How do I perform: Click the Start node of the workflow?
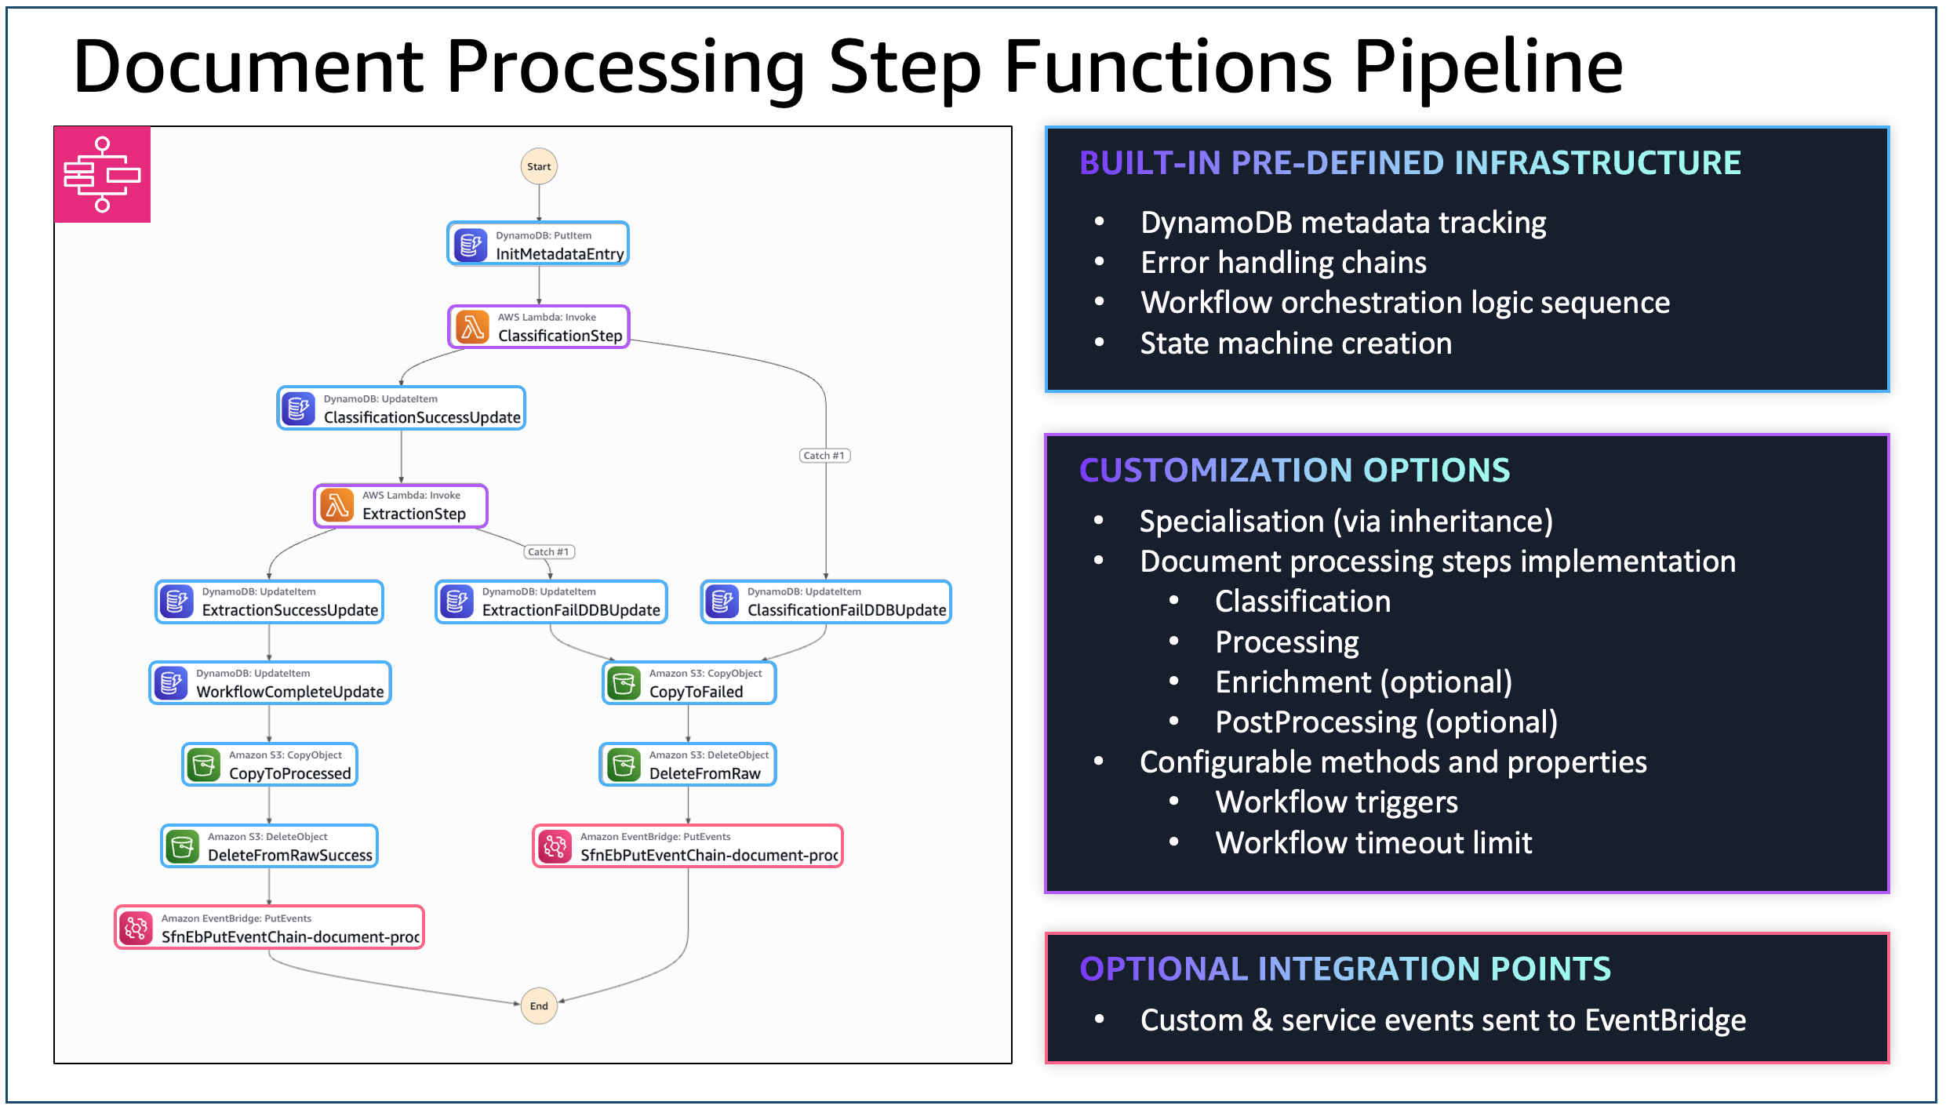click(x=539, y=166)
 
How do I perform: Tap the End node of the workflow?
click(x=539, y=1005)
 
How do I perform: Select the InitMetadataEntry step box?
click(x=538, y=244)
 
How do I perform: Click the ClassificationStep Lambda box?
click(x=539, y=326)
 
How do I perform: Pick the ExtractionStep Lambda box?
click(x=401, y=506)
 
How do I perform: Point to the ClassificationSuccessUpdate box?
click(x=401, y=408)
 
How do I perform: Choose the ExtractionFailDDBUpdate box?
click(x=551, y=602)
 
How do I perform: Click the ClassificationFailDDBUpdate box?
click(x=826, y=602)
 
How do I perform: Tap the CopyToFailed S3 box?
click(x=689, y=683)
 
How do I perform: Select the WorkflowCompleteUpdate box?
click(x=270, y=683)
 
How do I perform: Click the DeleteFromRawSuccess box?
click(x=270, y=846)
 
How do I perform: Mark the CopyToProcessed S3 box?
click(x=270, y=765)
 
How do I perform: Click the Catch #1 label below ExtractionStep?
click(x=548, y=552)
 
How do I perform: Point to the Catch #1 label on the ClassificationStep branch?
click(x=824, y=456)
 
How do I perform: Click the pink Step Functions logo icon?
click(x=102, y=174)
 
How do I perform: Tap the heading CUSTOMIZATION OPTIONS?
click(x=1294, y=471)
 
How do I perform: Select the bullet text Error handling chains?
click(x=1283, y=263)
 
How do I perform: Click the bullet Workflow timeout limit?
click(x=1373, y=843)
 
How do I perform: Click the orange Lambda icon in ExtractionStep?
click(x=337, y=506)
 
